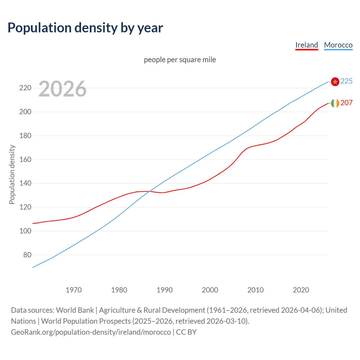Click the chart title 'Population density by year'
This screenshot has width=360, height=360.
(85, 28)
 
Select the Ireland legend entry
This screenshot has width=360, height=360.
(307, 45)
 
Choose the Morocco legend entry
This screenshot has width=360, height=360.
(338, 45)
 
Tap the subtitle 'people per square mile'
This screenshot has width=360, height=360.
(180, 60)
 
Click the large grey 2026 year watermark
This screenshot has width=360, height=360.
(62, 89)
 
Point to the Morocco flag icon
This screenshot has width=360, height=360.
(335, 82)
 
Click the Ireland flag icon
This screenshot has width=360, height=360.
(335, 103)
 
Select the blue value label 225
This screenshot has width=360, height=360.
(346, 81)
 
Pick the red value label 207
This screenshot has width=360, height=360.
(346, 103)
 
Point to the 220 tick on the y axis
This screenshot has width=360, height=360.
(25, 88)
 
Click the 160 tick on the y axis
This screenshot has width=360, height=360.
(25, 159)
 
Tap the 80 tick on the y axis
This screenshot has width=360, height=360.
(27, 255)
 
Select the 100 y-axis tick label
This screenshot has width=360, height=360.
(25, 231)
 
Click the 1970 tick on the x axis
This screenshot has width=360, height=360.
(74, 290)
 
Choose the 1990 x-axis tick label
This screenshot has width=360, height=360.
(165, 290)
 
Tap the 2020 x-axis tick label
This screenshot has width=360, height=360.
(301, 290)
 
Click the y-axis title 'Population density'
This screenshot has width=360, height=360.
(12, 174)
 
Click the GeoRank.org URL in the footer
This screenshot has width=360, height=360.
(91, 332)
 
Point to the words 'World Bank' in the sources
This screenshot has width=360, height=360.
(75, 310)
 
